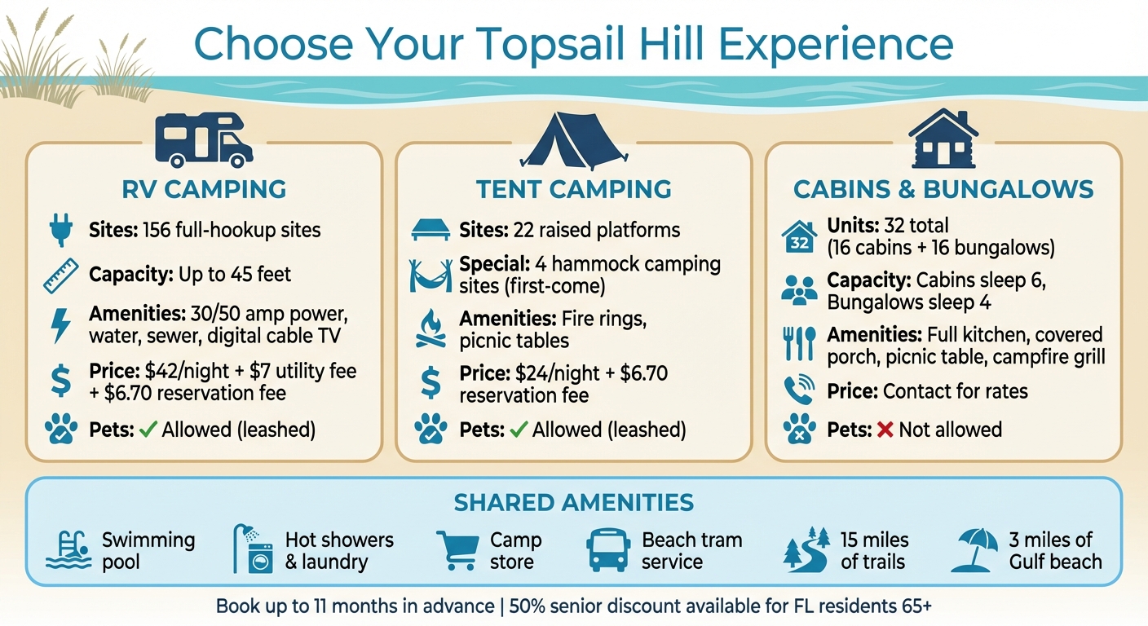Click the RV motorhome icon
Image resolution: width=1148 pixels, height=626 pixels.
click(204, 139)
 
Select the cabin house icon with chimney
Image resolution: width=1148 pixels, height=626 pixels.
click(943, 139)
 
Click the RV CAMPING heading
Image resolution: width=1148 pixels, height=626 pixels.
click(204, 190)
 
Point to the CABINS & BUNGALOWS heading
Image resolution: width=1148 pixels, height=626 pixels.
click(943, 190)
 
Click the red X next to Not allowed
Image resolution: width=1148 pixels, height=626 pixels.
click(885, 430)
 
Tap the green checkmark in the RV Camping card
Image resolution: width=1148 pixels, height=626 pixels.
click(148, 430)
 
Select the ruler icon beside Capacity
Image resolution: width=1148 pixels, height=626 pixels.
click(61, 275)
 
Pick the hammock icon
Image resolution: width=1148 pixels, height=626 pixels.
click(430, 275)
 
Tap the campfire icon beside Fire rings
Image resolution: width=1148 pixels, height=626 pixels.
click(430, 329)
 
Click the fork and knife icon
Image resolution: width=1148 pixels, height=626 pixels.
click(799, 344)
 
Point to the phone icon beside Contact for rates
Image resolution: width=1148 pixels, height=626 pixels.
click(799, 390)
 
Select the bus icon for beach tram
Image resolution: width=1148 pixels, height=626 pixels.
click(608, 550)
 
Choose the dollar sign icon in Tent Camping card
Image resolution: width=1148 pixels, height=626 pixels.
click(430, 383)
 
